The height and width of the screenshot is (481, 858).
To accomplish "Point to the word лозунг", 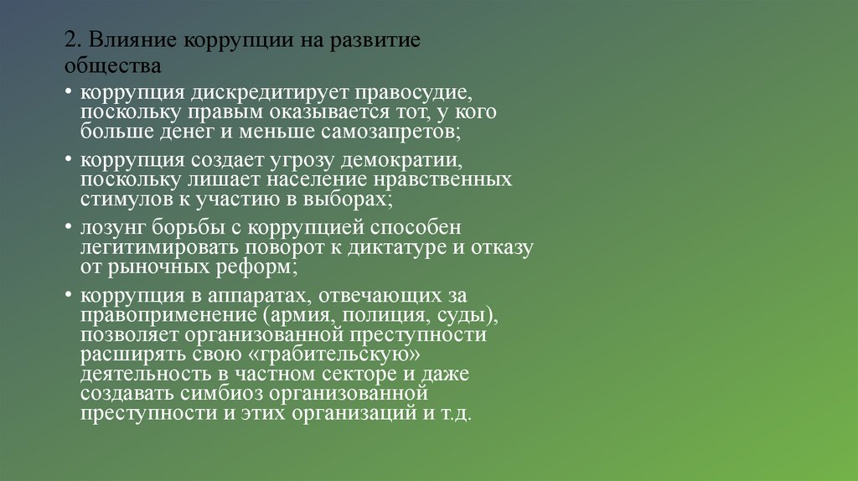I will click(x=112, y=228).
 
